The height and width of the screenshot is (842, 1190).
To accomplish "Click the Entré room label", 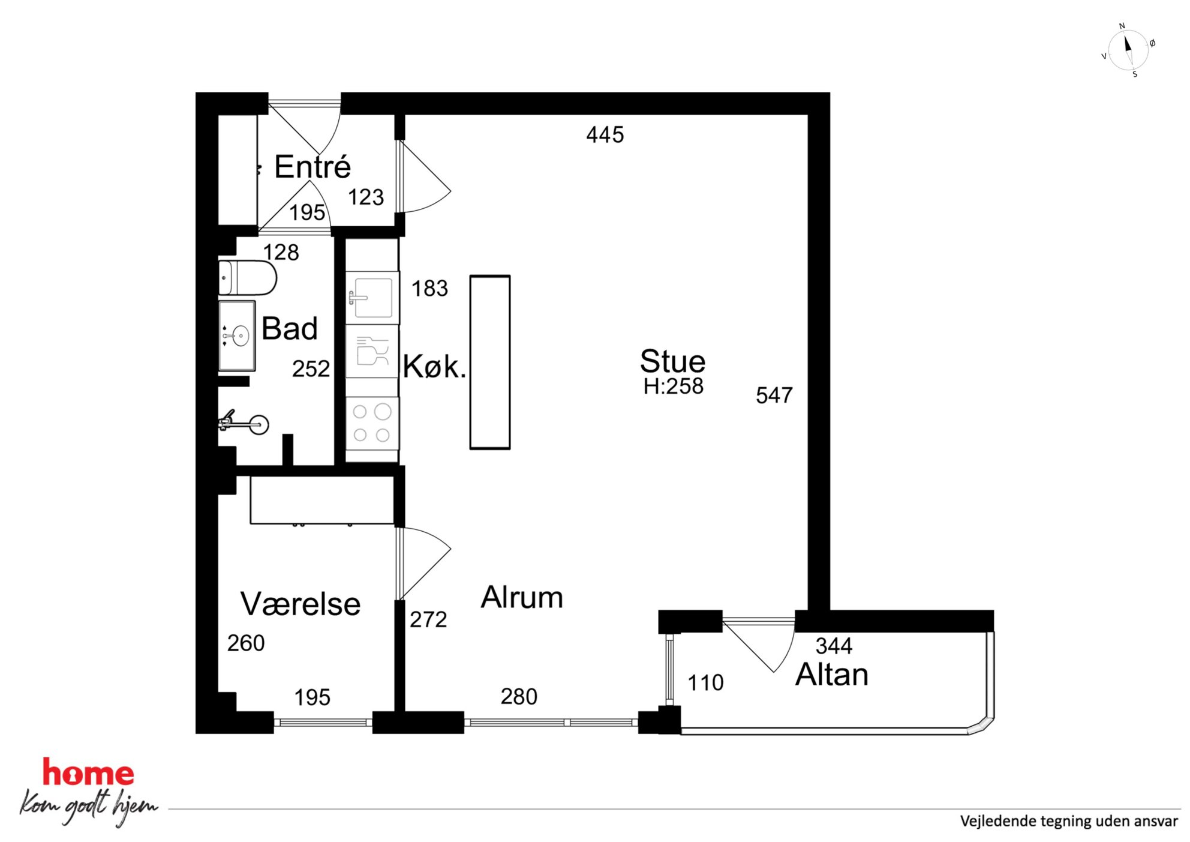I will coord(312,167).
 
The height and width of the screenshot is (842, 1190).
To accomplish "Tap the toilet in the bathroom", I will coord(247,278).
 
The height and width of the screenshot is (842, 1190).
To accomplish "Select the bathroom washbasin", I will coord(238,335).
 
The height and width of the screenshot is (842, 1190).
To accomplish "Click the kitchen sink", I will coord(372,298).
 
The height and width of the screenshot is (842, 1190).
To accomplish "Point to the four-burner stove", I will coord(372,423).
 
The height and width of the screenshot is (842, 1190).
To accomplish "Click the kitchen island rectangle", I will coord(490,362).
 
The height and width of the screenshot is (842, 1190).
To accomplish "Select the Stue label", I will coord(672,361).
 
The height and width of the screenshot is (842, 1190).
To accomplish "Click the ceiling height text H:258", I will coord(673,386).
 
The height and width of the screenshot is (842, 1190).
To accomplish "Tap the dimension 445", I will coord(605,135).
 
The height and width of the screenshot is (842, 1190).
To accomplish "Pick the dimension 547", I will coord(774,395).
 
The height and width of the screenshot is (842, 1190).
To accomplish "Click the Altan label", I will coord(831,675).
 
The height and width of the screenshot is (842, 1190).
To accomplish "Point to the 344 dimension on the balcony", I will coord(834,646).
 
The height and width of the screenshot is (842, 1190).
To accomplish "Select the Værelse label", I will coord(300,604).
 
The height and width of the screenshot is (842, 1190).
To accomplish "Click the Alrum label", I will coord(522,598).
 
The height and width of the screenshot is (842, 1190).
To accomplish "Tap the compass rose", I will coord(1128,50).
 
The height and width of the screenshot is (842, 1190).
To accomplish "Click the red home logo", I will coord(88,773).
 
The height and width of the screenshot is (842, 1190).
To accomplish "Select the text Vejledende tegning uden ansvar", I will coord(1068,821).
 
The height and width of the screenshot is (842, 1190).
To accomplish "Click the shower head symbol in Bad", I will coord(258,424).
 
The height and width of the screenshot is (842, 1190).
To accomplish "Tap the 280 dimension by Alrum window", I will coord(519,697).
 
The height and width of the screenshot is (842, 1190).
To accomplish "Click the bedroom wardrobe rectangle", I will coord(322,500).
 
